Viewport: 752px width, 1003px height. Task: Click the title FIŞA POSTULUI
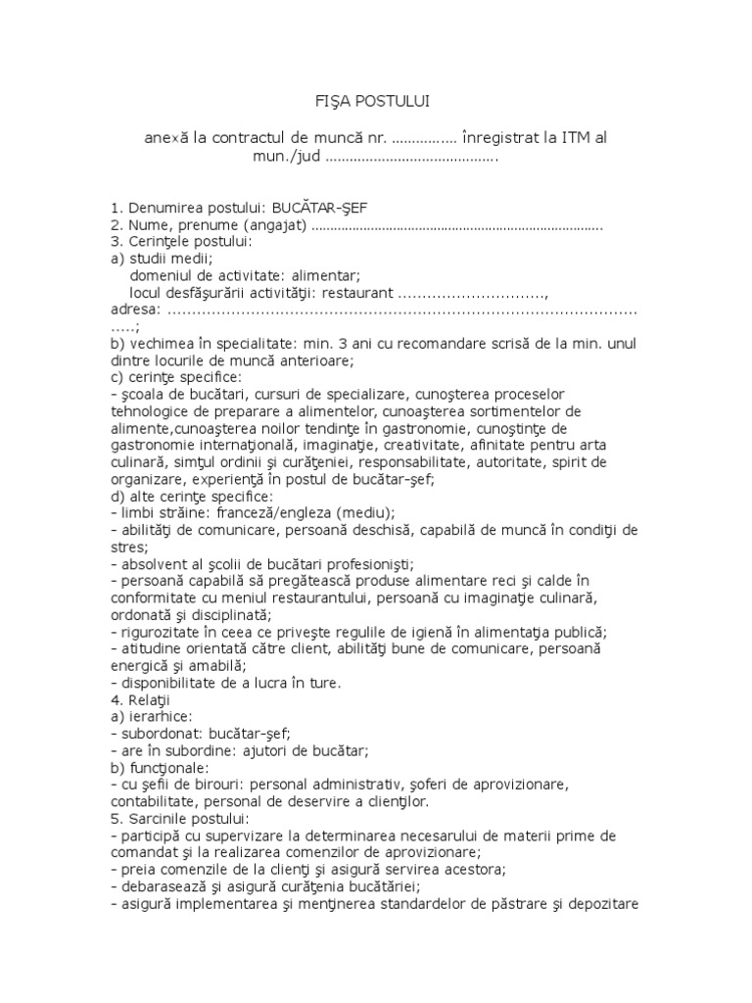point(375,101)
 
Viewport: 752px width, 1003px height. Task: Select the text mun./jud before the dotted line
point(286,157)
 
